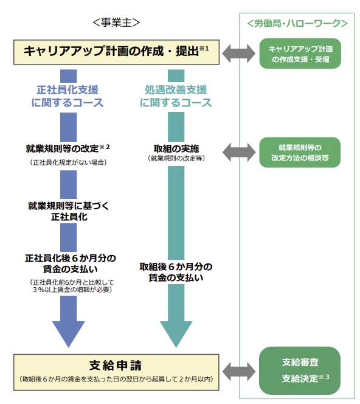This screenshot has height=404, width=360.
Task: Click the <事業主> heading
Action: (116, 23)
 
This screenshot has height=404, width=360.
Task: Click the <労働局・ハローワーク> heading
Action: (297, 24)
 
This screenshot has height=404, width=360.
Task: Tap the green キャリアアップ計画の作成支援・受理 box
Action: (300, 53)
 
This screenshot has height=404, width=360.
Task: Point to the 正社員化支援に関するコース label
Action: (67, 96)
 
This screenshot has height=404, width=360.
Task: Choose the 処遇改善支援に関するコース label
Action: (176, 96)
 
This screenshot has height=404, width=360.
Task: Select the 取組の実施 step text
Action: (175, 148)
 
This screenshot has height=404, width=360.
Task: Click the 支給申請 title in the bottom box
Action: (116, 366)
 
